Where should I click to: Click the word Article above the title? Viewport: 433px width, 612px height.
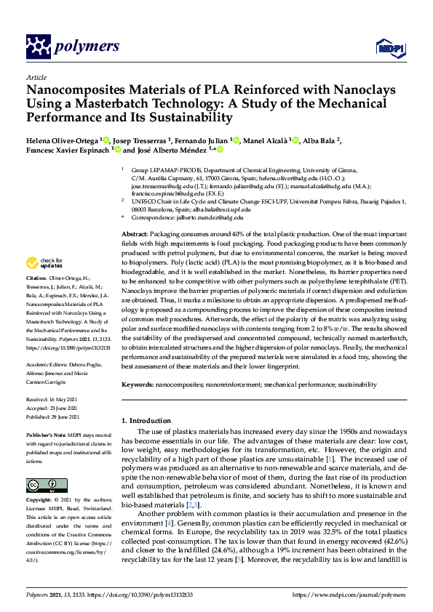(x=36, y=76)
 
